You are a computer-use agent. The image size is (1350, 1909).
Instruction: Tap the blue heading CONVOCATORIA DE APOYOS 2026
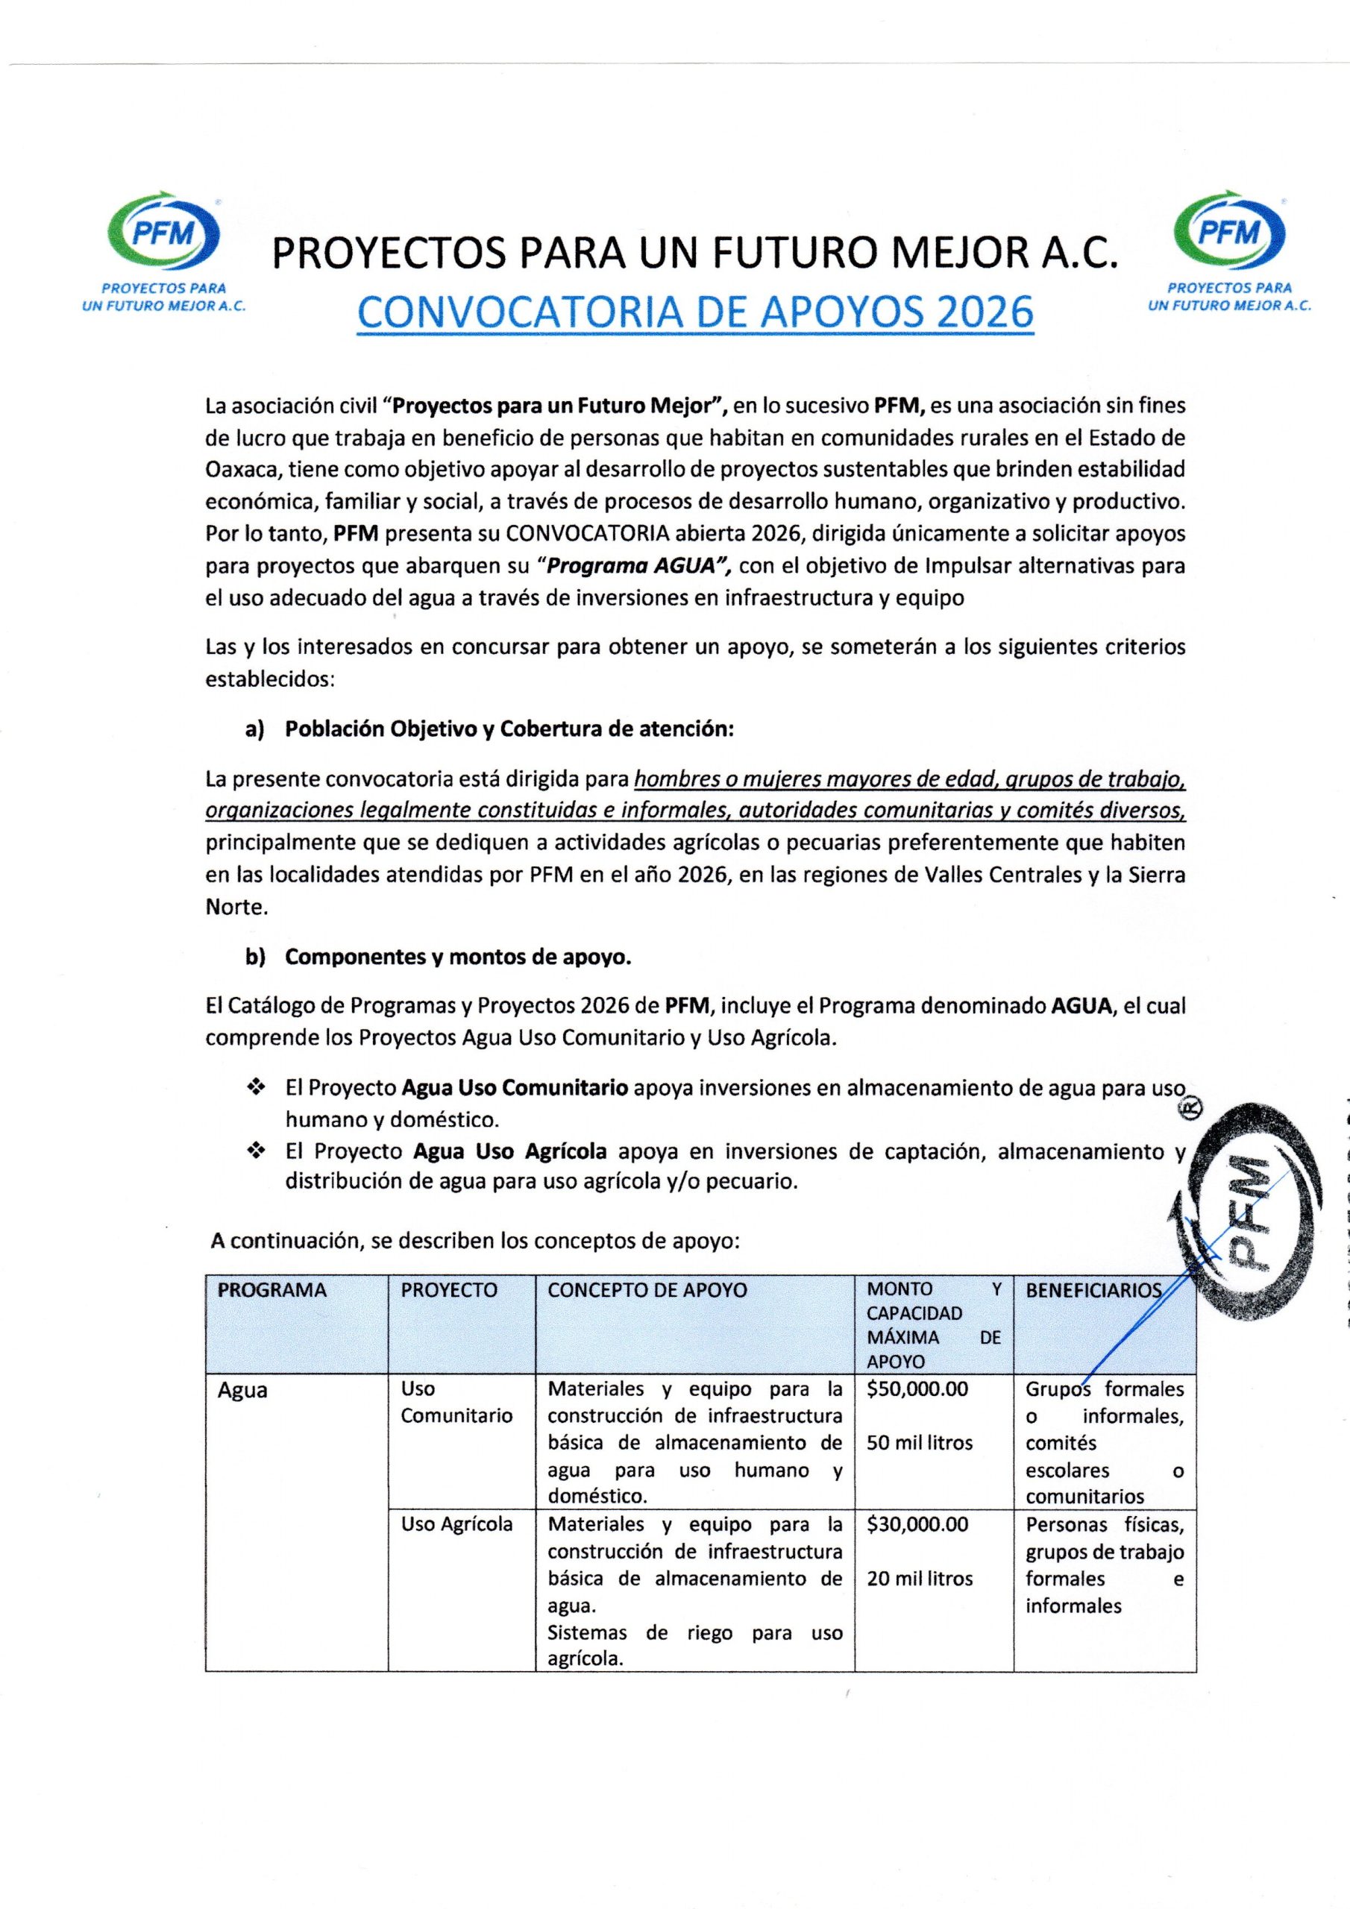[x=694, y=312]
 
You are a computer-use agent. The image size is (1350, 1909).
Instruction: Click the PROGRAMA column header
[x=271, y=1289]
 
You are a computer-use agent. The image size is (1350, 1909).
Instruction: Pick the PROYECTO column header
[x=448, y=1289]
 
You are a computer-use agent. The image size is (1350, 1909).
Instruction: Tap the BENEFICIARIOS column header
[x=1092, y=1289]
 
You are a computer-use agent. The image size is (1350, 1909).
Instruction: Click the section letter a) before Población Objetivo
[x=254, y=729]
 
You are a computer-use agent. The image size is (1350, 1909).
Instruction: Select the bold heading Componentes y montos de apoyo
[x=458, y=957]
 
